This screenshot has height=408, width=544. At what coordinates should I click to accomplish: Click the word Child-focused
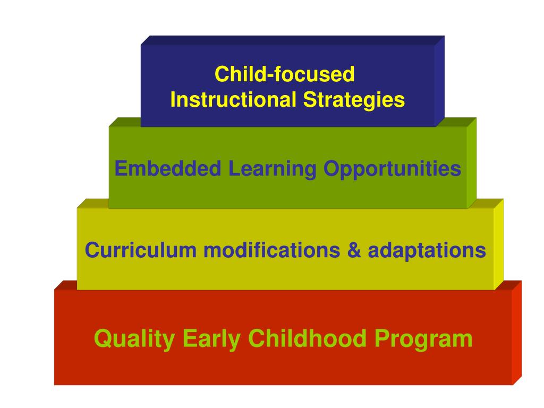pos(284,75)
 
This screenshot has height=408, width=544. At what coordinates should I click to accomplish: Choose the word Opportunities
pos(392,170)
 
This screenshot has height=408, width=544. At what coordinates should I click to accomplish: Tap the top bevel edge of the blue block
pos(292,40)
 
